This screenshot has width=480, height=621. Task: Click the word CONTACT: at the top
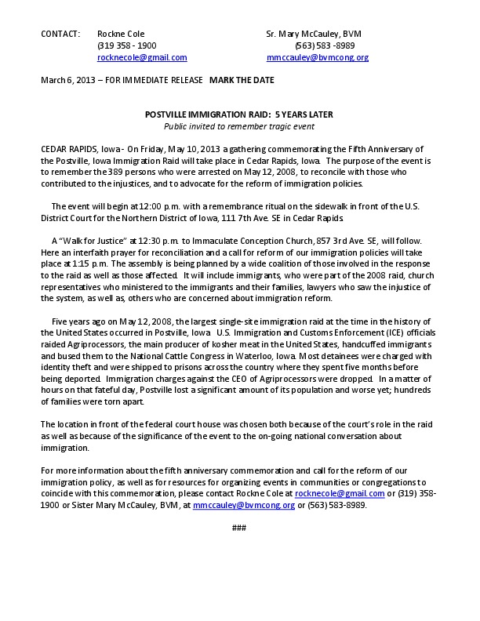pos(60,34)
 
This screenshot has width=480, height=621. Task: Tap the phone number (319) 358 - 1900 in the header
pos(126,45)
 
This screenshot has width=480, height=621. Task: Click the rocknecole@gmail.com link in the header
pos(142,57)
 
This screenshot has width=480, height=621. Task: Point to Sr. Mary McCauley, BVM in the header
pos(314,34)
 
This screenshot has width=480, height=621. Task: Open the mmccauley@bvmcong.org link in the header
pos(318,57)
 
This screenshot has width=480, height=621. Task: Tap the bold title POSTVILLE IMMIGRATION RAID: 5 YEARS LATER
pos(239,114)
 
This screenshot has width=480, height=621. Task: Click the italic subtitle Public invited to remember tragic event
pos(239,126)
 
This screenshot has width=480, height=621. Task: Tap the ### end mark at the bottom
pos(239,528)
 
